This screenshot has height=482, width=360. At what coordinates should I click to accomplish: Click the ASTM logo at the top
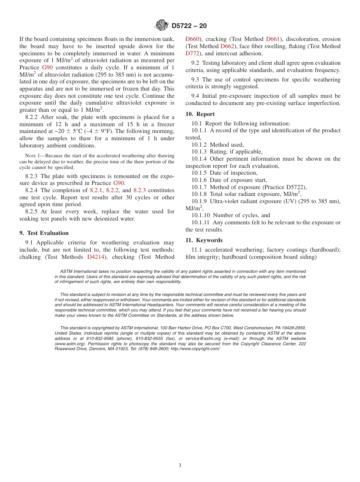[x=162, y=25]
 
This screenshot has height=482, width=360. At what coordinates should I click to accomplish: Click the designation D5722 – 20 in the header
[x=189, y=26]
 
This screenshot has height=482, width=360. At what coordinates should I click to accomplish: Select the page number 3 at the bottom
[x=180, y=466]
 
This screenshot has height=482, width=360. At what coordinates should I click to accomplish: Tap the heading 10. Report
[x=200, y=114]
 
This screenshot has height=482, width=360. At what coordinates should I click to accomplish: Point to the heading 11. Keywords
[x=204, y=240]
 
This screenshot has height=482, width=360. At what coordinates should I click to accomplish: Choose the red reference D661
[x=273, y=39]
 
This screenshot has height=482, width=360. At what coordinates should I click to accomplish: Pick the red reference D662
[x=227, y=46]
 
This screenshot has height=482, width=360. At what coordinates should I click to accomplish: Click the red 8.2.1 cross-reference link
[x=96, y=190]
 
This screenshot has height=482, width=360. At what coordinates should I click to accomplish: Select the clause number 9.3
[x=196, y=80]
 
